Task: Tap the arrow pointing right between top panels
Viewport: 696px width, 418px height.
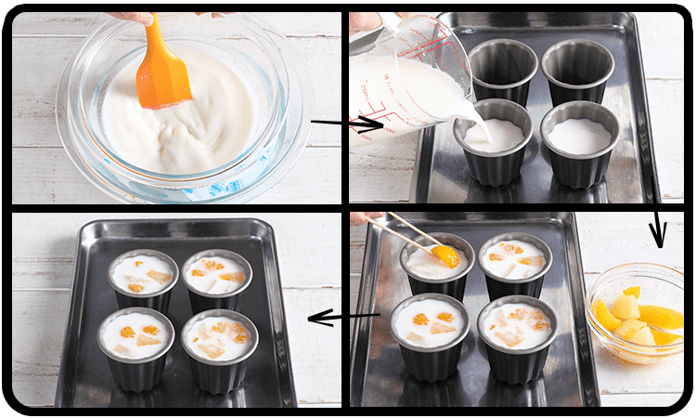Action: pyautogui.click(x=346, y=123)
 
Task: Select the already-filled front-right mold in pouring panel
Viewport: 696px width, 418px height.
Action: pyautogui.click(x=580, y=139)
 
